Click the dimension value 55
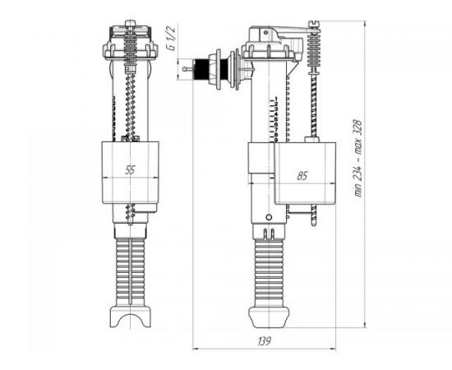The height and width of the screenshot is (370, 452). pyautogui.click(x=130, y=170)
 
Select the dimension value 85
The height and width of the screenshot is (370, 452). pyautogui.click(x=302, y=176)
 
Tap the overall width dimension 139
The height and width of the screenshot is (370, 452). pyautogui.click(x=264, y=341)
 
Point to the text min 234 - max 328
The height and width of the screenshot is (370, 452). pyautogui.click(x=358, y=158)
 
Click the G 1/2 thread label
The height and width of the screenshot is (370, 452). pyautogui.click(x=172, y=39)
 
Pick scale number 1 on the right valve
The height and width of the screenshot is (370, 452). pyautogui.click(x=276, y=99)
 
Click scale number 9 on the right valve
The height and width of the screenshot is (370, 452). pyautogui.click(x=276, y=140)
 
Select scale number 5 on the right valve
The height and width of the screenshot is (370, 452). pyautogui.click(x=276, y=119)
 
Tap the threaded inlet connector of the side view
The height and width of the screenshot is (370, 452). pyautogui.click(x=201, y=69)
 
